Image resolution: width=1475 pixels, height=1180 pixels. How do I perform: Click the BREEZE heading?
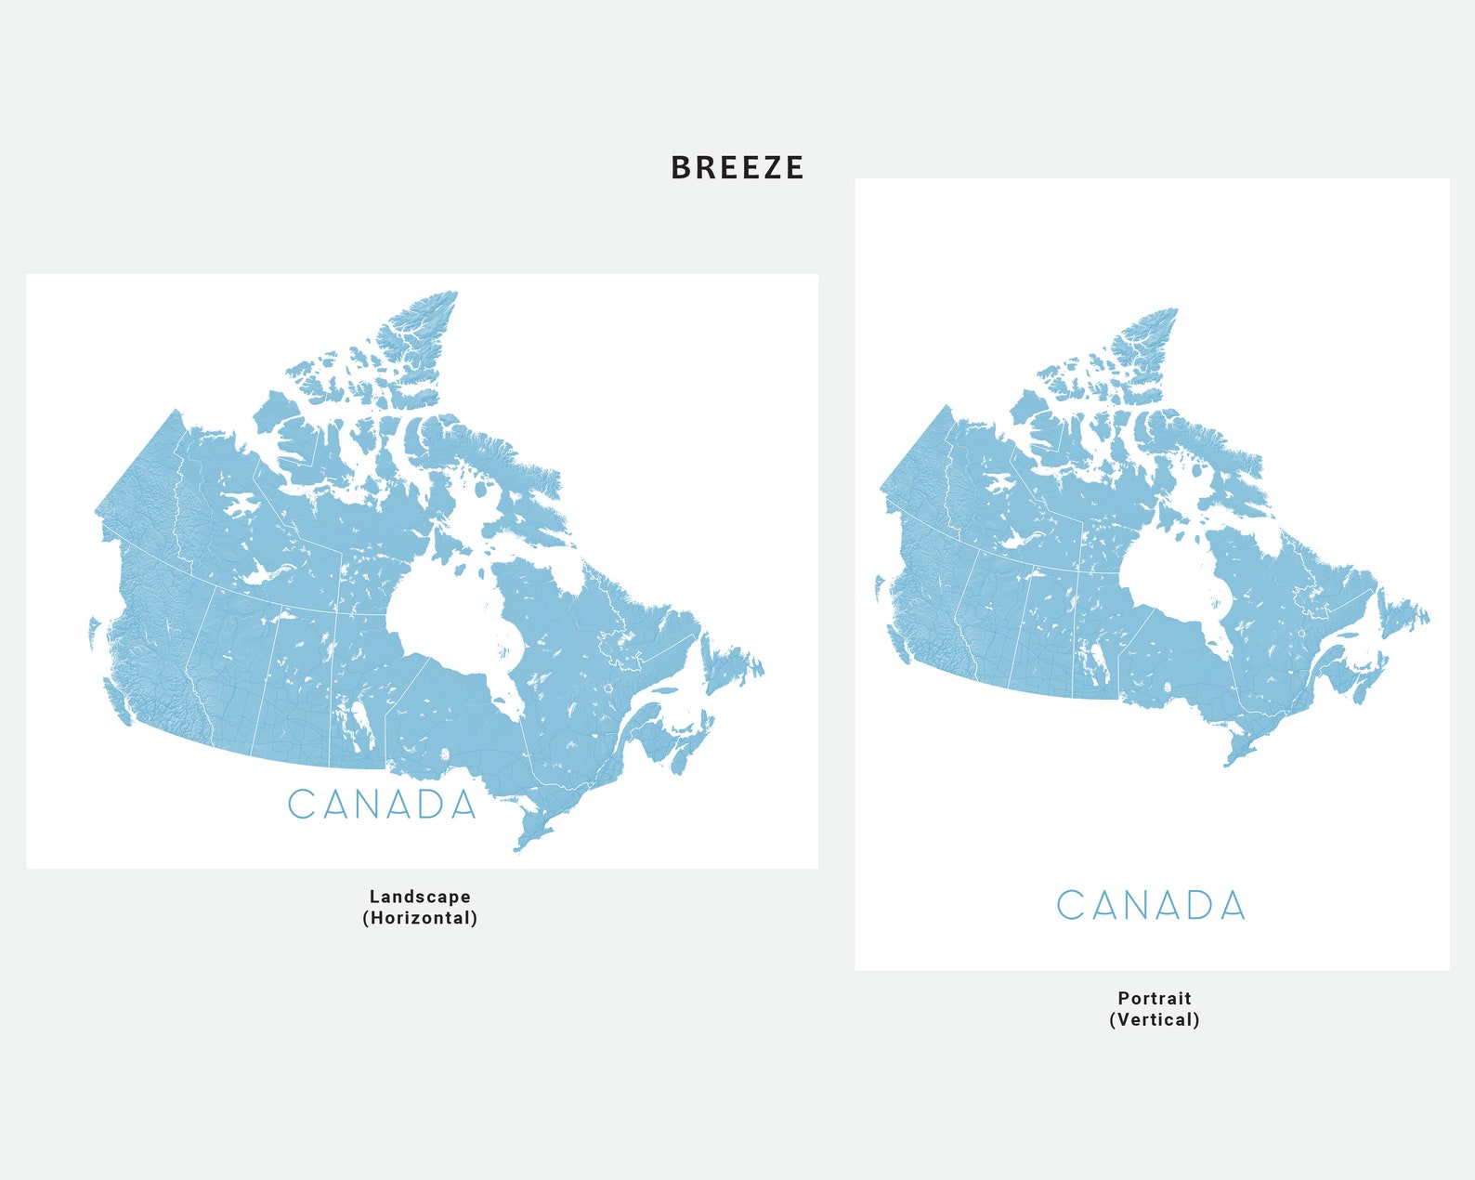click(x=737, y=168)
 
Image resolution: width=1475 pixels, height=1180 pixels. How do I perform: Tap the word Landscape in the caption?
click(x=420, y=897)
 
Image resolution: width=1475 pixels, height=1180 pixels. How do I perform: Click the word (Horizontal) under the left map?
click(x=420, y=918)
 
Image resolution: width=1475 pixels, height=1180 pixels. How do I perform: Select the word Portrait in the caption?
click(x=1155, y=998)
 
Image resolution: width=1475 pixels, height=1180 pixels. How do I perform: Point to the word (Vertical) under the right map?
click(x=1155, y=1019)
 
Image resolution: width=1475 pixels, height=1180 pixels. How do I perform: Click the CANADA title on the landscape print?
click(x=382, y=805)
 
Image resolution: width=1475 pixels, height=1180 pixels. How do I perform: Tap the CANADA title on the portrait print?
click(x=1151, y=905)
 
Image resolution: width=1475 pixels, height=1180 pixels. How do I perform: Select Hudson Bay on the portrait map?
click(x=1166, y=576)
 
